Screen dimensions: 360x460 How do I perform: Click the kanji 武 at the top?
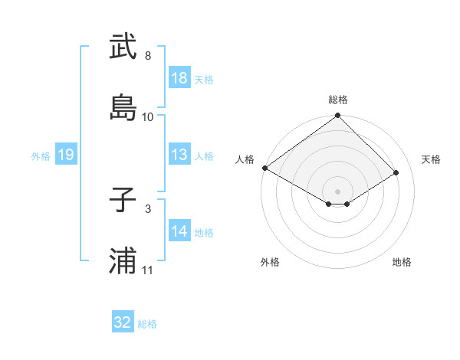pos(123,47)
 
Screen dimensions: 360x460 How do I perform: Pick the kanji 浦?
pos(123,261)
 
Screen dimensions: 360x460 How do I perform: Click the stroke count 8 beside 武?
pos(148,56)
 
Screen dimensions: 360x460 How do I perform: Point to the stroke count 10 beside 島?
pos(148,116)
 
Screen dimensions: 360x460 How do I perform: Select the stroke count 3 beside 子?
pos(148,208)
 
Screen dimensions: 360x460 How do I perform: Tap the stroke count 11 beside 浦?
pos(148,270)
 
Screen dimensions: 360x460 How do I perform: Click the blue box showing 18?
pos(179,77)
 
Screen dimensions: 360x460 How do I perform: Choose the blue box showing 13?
pos(179,155)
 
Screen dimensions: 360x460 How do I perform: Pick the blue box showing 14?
pos(179,231)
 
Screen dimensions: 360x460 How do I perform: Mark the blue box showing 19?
pos(66,155)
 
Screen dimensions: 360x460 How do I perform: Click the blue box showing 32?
pos(123,322)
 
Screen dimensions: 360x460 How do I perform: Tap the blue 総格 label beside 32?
pos(147,324)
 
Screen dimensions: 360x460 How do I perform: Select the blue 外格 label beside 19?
pos(41,156)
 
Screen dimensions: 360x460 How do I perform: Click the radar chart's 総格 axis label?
pos(338,100)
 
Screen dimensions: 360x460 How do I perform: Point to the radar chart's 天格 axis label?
pos(431,159)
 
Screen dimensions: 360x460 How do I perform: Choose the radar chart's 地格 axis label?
pos(402,262)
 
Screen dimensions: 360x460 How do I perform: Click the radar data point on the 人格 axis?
pos(264,168)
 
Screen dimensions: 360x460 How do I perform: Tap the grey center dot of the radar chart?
pos(337,191)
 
